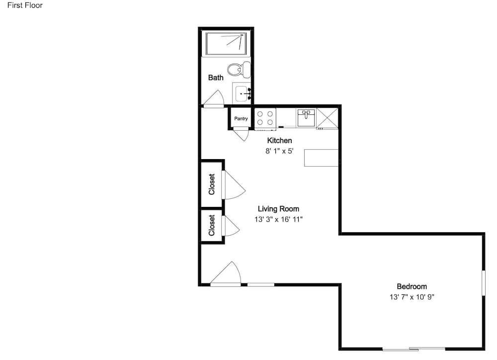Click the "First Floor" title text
[25, 5]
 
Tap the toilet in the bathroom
[239, 70]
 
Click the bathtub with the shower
[226, 43]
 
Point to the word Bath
[216, 78]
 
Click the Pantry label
[241, 119]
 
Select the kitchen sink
[306, 118]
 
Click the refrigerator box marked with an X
[327, 118]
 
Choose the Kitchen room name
[279, 141]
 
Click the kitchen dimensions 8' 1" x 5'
[279, 151]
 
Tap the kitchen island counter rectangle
[321, 158]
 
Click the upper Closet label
[212, 184]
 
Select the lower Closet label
[212, 226]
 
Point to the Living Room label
[278, 209]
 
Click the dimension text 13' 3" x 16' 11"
[278, 219]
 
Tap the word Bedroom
[412, 286]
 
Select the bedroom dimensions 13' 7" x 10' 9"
[412, 297]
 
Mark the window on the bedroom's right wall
[484, 283]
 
